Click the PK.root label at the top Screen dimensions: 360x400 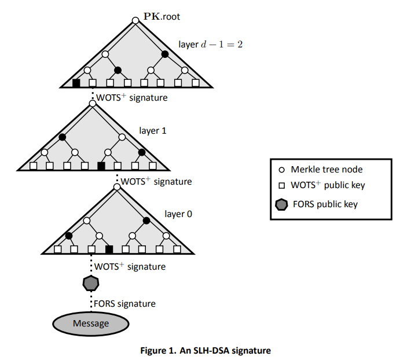point(162,16)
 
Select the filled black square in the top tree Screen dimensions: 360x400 point(76,83)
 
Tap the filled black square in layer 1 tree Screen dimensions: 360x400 point(101,166)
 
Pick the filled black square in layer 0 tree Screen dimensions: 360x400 point(109,249)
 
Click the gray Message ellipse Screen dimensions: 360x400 point(91,323)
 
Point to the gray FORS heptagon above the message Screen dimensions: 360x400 point(91,284)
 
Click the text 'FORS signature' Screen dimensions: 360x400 point(124,303)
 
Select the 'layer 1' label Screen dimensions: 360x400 point(153,130)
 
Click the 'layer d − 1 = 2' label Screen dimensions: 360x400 point(210,45)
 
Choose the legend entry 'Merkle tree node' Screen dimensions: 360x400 point(327,170)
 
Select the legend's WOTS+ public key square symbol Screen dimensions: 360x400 point(281,186)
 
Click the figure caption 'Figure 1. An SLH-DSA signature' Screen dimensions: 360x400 point(205,350)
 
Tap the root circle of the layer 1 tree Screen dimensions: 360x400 point(91,104)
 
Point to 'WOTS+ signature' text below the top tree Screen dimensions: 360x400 point(131,97)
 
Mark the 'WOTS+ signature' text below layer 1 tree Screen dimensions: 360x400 point(156,181)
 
